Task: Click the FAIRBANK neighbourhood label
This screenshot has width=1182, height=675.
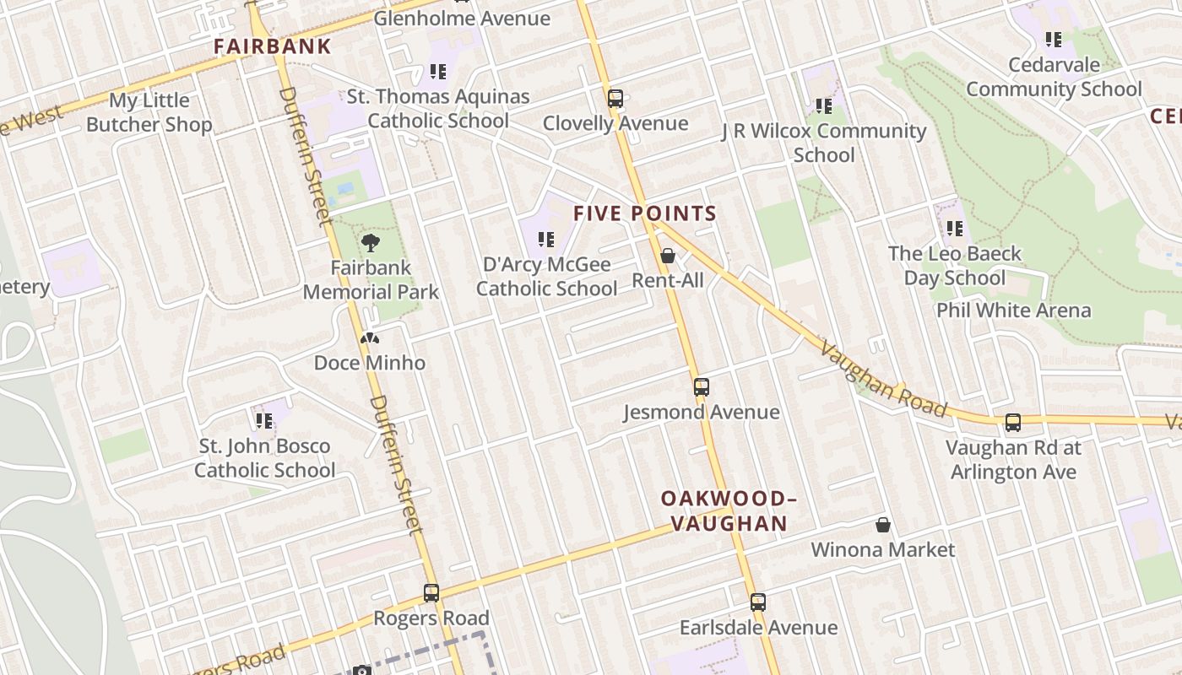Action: pos(272,46)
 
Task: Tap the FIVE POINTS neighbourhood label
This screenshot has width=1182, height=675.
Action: pos(645,213)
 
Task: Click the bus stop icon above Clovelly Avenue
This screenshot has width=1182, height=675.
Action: pos(615,98)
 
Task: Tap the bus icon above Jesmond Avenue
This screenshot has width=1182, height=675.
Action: pos(701,387)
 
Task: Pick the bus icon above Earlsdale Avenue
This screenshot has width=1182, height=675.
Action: pos(758,602)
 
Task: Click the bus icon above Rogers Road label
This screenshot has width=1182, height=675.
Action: pos(431,593)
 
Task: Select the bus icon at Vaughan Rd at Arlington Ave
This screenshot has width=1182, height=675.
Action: pos(1012,423)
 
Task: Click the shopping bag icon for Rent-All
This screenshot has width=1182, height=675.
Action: pos(668,255)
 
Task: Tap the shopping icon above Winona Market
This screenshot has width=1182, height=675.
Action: pos(883,525)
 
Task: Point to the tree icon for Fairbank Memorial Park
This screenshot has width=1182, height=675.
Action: pos(370,244)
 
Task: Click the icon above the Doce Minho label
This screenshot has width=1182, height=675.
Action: pos(370,339)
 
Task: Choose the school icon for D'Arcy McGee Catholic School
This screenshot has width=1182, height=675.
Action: pos(545,240)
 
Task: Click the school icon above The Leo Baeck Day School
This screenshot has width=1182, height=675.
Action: pos(955,228)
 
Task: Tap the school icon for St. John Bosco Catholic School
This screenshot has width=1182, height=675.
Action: pos(264,420)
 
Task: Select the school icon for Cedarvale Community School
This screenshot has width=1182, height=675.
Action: pos(1054,39)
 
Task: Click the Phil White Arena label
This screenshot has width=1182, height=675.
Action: pos(1013,310)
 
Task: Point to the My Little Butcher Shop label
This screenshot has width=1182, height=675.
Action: pos(149,113)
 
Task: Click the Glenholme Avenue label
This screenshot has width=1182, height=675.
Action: pos(462,19)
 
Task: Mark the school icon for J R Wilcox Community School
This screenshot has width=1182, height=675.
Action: pos(824,106)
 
